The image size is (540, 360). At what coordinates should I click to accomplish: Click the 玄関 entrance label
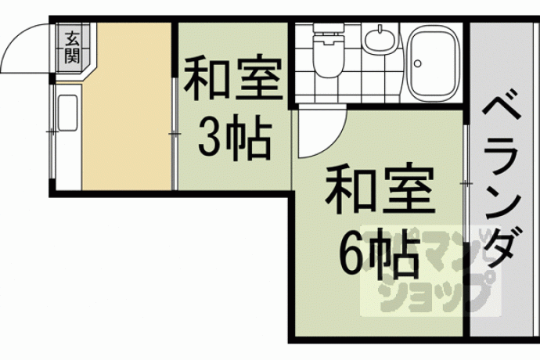(73, 46)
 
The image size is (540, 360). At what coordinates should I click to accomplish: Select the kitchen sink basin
(67, 113)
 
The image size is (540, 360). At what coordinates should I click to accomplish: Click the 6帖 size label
(379, 254)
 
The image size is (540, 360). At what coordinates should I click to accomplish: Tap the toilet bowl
(328, 55)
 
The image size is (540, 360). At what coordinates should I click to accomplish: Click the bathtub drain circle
(418, 63)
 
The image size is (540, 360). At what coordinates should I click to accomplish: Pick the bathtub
(434, 63)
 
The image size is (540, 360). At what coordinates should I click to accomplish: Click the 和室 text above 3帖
(233, 78)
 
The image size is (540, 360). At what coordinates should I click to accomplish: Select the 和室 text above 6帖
(379, 189)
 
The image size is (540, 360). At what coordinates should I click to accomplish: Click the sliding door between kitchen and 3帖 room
(175, 134)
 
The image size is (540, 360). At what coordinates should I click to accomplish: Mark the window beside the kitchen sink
(52, 131)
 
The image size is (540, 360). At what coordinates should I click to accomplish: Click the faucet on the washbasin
(380, 30)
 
